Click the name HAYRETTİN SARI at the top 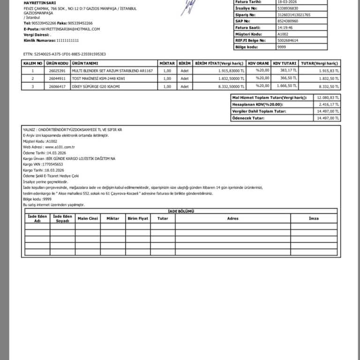40,3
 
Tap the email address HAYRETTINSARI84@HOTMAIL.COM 70,29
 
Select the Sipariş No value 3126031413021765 294,15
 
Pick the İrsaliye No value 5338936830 287,8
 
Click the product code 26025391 57,71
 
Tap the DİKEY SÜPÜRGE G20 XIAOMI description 96,86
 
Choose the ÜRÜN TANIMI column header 84,63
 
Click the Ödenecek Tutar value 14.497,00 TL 328,118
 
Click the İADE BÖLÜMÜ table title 181,211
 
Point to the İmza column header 314,218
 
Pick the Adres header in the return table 232,218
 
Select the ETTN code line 65,54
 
